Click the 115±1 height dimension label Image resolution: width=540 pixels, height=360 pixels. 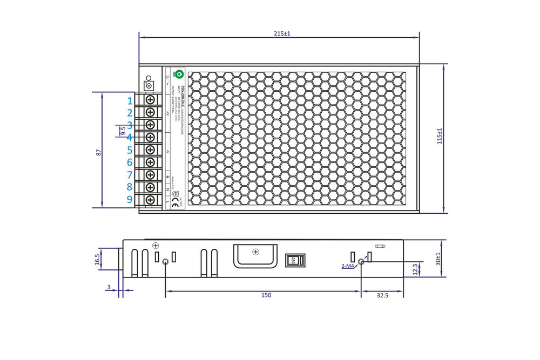(440, 136)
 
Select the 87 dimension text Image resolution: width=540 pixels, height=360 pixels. (99, 153)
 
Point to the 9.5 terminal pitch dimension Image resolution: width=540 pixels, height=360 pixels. (123, 131)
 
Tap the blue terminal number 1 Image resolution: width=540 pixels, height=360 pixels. (130, 101)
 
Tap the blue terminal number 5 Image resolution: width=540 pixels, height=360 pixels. (130, 150)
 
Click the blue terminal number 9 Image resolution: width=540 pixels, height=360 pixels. (130, 199)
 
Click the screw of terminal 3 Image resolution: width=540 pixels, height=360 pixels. (150, 125)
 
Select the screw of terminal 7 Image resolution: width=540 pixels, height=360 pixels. (150, 174)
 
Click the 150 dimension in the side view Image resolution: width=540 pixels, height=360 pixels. (266, 295)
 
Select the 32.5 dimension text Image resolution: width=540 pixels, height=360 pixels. (382, 295)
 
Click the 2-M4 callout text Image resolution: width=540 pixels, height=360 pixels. (347, 266)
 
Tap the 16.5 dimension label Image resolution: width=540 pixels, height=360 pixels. (97, 260)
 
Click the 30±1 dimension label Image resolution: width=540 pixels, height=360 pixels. (438, 259)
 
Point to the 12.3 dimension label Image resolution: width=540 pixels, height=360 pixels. (415, 268)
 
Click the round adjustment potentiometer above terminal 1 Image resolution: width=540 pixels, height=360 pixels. (149, 85)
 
